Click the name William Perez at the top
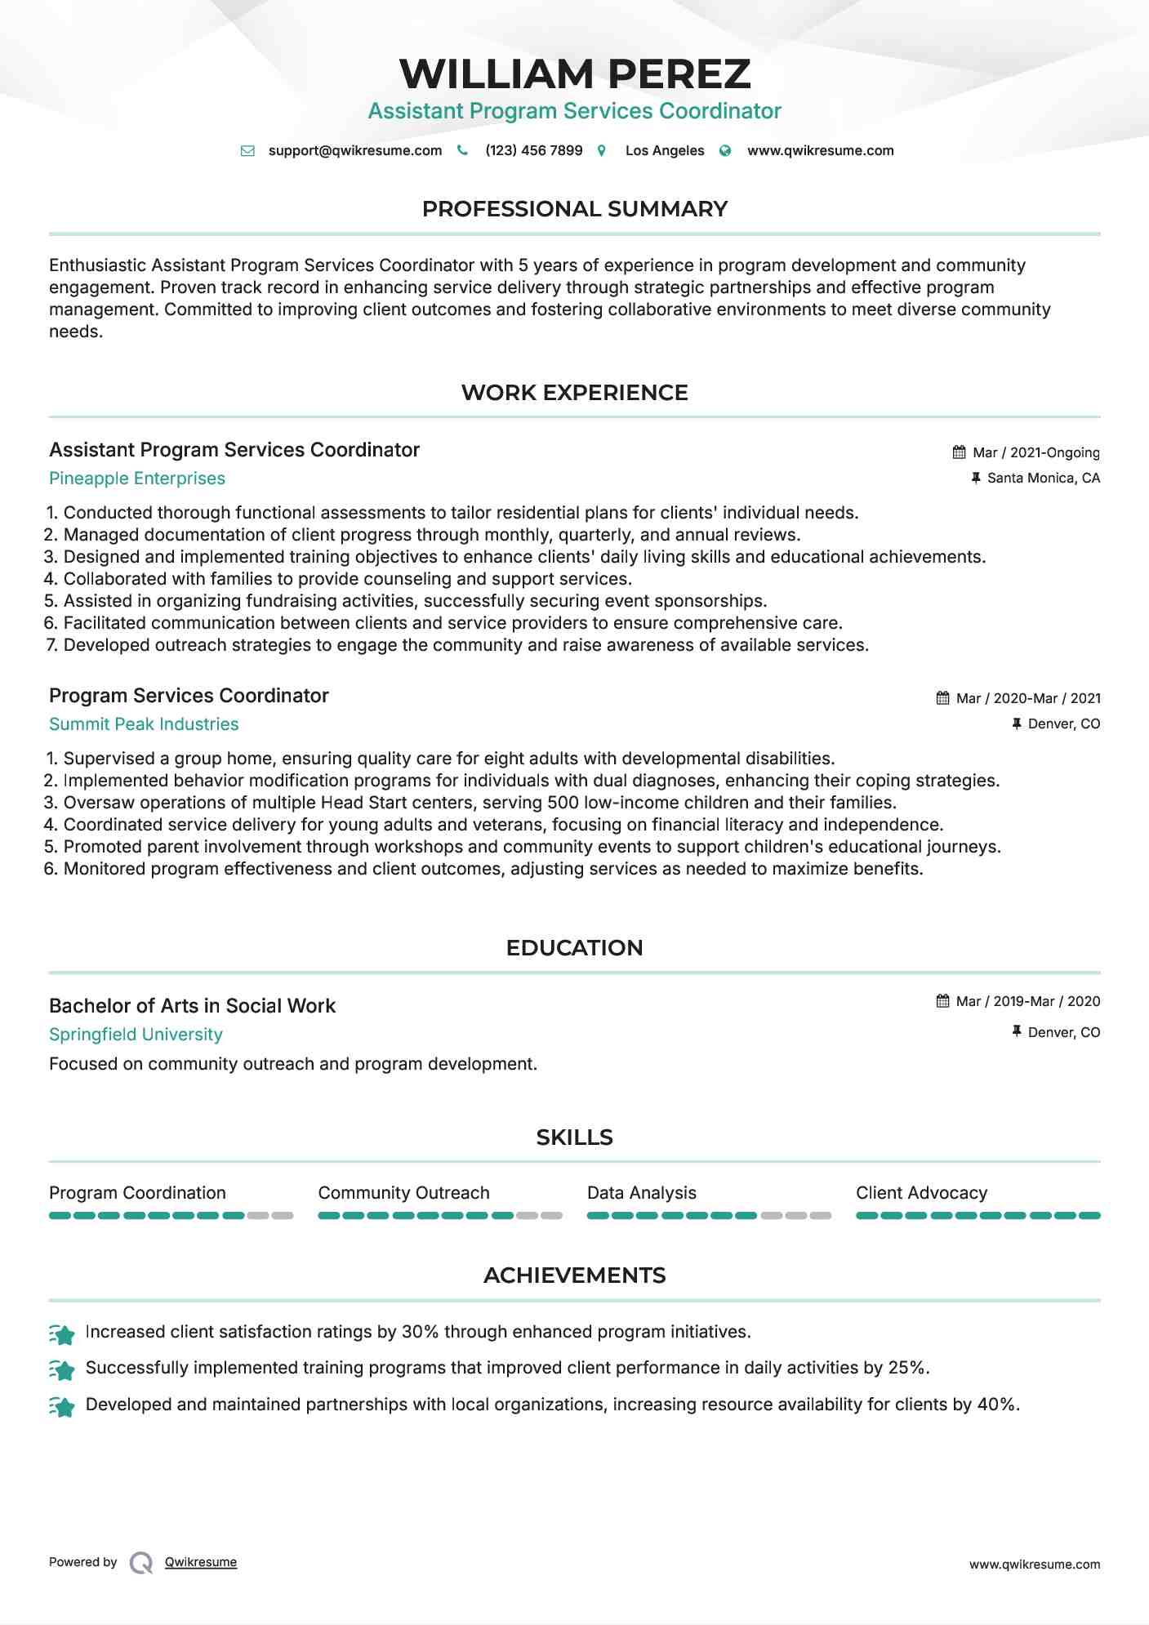click(x=574, y=73)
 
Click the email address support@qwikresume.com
click(x=354, y=150)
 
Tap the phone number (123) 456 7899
click(x=533, y=150)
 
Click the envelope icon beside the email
click(x=247, y=151)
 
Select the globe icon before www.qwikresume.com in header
click(x=725, y=151)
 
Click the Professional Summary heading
click(x=574, y=209)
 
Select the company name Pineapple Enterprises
click(x=137, y=479)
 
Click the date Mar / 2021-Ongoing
click(x=1035, y=452)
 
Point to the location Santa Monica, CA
click(x=1043, y=478)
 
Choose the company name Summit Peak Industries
click(x=144, y=724)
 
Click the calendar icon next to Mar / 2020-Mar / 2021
click(x=942, y=698)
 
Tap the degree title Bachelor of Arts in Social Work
click(x=192, y=1006)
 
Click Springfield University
click(x=136, y=1035)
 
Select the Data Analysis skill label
click(x=641, y=1193)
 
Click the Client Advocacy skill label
click(x=921, y=1193)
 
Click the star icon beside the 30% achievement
click(x=62, y=1333)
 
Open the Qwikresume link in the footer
click(x=201, y=1562)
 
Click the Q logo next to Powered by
click(x=141, y=1563)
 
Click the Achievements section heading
click(x=574, y=1276)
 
